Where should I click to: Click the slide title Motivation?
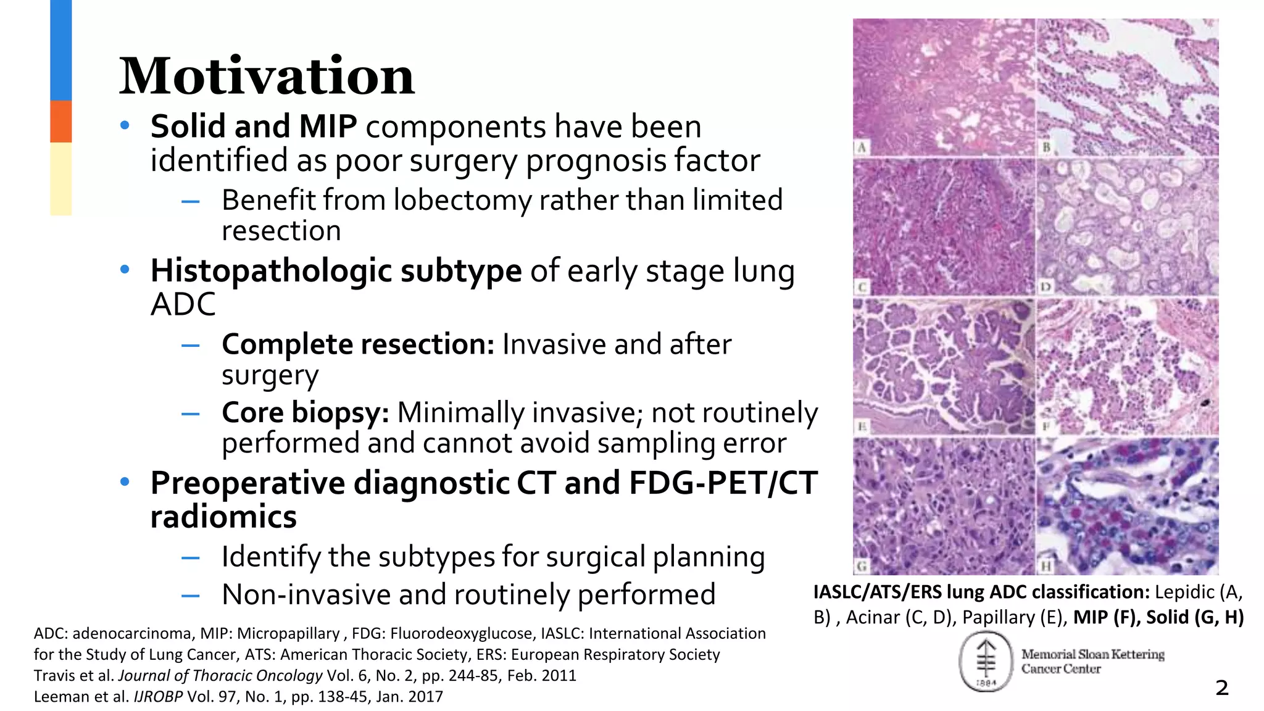pos(267,77)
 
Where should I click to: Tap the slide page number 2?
pos(1221,688)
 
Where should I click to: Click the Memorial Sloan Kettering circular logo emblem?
pos(986,662)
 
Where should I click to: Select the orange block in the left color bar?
pos(60,122)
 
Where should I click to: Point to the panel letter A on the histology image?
pos(862,148)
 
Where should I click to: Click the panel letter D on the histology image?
pos(1045,287)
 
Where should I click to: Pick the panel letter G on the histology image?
pos(862,565)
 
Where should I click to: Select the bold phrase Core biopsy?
pos(306,413)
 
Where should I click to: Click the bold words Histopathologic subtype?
pos(336,271)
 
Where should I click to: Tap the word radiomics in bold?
pos(223,517)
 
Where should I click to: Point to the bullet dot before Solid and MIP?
pos(125,126)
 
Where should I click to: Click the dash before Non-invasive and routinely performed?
pos(190,596)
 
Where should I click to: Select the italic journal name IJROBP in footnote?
pos(158,697)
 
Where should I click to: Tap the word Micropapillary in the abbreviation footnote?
pos(288,634)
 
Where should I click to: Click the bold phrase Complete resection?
pos(358,344)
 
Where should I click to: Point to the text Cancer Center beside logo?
pos(1060,669)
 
